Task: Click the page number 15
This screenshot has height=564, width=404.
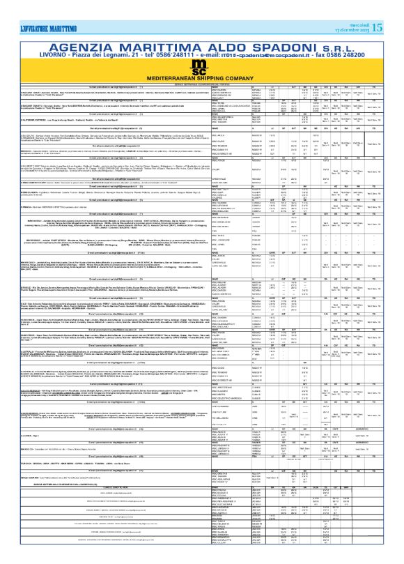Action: [x=396, y=9]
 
